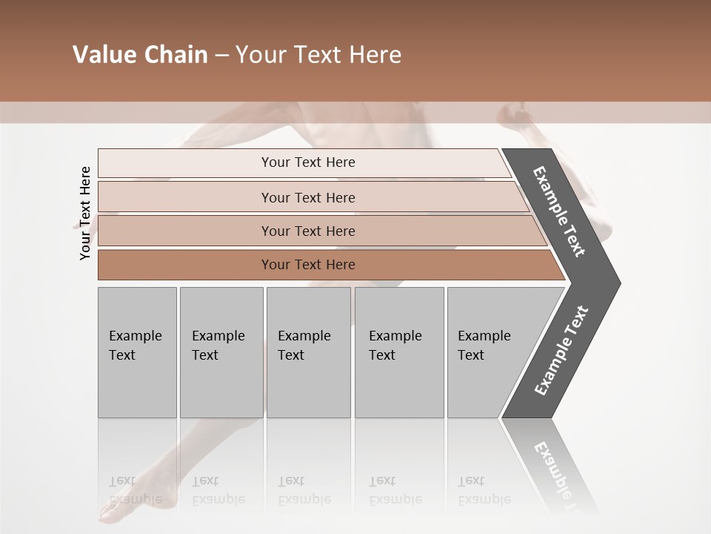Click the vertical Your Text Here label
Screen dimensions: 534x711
pyautogui.click(x=85, y=213)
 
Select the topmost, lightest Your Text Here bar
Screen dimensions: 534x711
pyautogui.click(x=307, y=162)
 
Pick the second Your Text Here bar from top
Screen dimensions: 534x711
pyautogui.click(x=307, y=197)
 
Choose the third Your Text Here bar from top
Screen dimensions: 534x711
pyautogui.click(x=307, y=231)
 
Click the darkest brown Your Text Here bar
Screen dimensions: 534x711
pyautogui.click(x=307, y=265)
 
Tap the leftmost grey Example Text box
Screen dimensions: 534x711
pyautogui.click(x=137, y=352)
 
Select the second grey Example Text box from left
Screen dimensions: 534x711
pyautogui.click(x=221, y=352)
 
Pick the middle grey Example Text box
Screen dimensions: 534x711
pyautogui.click(x=308, y=352)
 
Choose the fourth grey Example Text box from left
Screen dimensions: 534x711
pyautogui.click(x=398, y=352)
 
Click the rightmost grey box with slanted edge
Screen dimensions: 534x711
pyautogui.click(x=489, y=352)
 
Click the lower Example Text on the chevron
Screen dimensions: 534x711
pyautogui.click(x=561, y=351)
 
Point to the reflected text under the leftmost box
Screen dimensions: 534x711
pyautogui.click(x=135, y=490)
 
